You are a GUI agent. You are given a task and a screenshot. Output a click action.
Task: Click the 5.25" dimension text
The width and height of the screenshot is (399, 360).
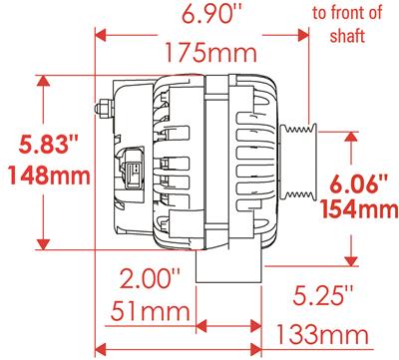click(322, 294)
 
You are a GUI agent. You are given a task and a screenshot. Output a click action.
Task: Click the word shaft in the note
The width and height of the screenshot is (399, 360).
click(346, 36)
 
